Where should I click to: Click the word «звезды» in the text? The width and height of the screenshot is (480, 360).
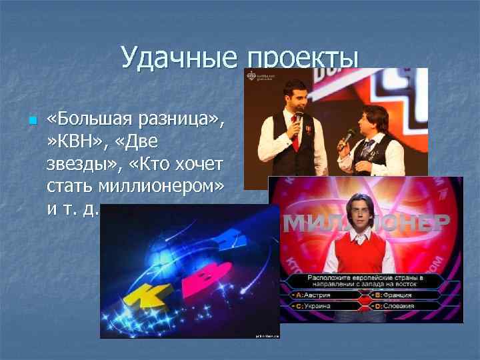[x=74, y=165]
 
